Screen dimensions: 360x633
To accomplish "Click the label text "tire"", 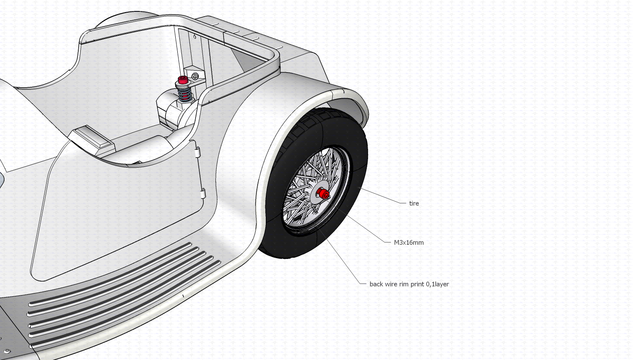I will point(414,203).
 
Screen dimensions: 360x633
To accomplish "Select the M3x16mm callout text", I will point(409,243).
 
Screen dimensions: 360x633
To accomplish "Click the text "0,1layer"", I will point(437,284).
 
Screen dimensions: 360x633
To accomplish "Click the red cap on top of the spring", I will point(182,80).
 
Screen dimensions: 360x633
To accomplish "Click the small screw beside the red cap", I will point(195,76).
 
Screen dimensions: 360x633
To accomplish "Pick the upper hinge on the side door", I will point(198,153).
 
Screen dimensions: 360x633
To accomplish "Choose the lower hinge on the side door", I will point(203,194).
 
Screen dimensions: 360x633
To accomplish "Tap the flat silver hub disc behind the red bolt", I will point(315,197).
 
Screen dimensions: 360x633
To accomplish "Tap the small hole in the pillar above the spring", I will point(195,37).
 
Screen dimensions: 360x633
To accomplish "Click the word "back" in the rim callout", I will point(376,284).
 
